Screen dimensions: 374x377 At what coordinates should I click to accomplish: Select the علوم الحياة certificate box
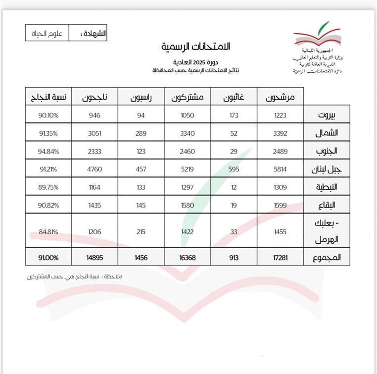pos(47,34)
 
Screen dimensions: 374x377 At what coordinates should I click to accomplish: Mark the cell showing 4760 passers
pos(94,169)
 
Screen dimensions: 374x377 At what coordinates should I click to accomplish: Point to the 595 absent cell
pos(234,169)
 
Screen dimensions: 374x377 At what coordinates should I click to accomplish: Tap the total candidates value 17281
pos(280,258)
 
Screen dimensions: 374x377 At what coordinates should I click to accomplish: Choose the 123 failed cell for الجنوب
pos(141,151)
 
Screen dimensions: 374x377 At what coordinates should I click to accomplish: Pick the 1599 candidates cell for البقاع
pos(280,205)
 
